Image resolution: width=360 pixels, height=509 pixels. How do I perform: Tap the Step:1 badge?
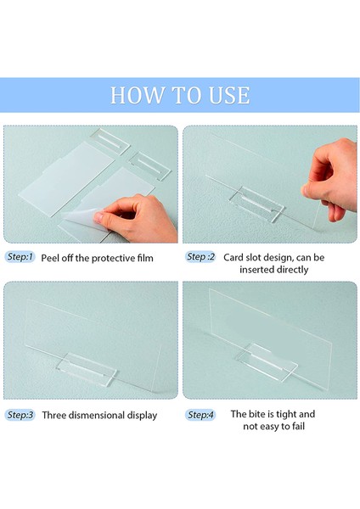pyautogui.click(x=20, y=257)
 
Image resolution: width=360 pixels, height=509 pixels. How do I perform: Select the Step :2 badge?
pyautogui.click(x=200, y=257)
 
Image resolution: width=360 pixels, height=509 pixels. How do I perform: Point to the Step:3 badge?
pyautogui.click(x=20, y=415)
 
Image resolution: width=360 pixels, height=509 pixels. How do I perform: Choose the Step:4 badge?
pyautogui.click(x=200, y=415)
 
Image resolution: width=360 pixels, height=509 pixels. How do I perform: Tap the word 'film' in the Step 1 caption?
pyautogui.click(x=145, y=258)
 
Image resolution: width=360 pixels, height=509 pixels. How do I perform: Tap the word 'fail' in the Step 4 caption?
pyautogui.click(x=298, y=426)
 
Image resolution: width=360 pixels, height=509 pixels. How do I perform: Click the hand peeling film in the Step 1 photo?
pyautogui.click(x=138, y=218)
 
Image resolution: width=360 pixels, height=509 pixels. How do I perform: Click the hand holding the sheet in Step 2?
pyautogui.click(x=329, y=178)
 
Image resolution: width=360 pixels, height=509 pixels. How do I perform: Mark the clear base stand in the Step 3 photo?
pyautogui.click(x=87, y=369)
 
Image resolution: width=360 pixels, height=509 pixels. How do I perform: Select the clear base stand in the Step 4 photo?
pyautogui.click(x=267, y=362)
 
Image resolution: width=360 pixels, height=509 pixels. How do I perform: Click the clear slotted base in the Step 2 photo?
pyautogui.click(x=259, y=204)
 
